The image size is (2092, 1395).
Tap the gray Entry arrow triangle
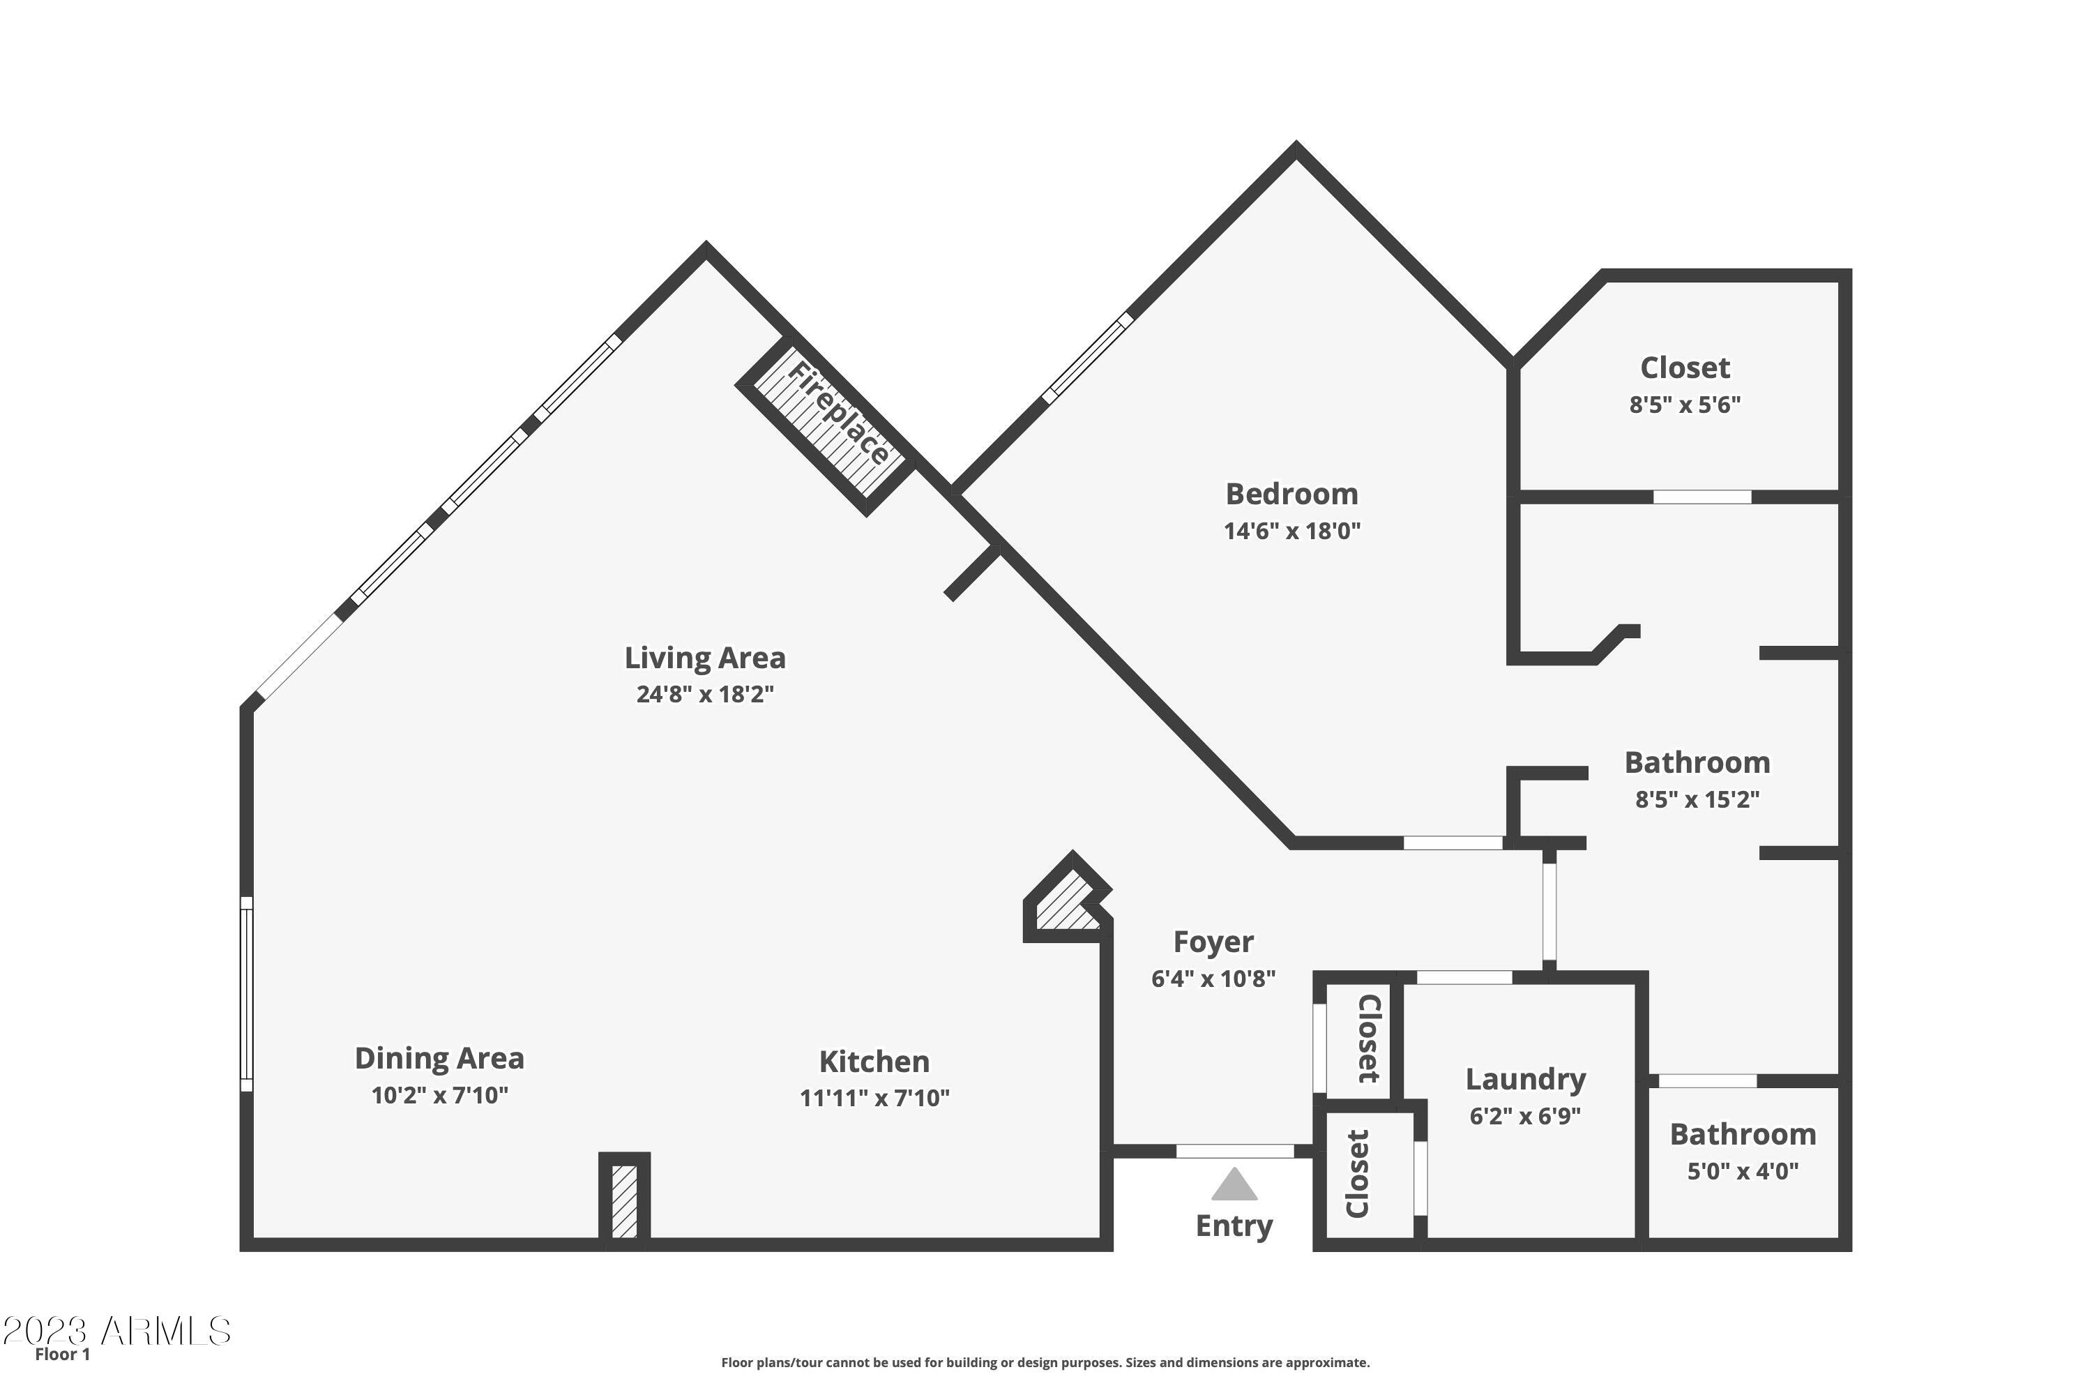[x=1234, y=1186]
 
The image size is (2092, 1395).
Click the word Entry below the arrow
[x=1234, y=1226]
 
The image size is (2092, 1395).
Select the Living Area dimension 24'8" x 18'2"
[x=704, y=694]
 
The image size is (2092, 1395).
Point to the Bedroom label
[x=1291, y=494]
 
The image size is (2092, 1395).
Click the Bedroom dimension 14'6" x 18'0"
[x=1291, y=531]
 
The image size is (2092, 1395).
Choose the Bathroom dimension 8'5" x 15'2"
[x=1697, y=799]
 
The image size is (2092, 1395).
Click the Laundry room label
[x=1526, y=1079]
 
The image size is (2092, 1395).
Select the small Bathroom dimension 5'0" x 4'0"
[x=1743, y=1171]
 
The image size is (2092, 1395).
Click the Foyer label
[x=1213, y=941]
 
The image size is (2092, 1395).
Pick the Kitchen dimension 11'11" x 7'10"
[x=874, y=1098]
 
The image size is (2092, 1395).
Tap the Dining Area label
[x=439, y=1058]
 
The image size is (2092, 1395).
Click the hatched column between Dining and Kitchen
[x=624, y=1201]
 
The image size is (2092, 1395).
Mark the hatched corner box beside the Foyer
[x=1066, y=908]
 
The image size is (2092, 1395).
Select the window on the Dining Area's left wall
[x=248, y=994]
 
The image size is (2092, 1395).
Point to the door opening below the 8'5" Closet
[x=1701, y=497]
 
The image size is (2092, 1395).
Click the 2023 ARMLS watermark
[x=116, y=1332]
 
